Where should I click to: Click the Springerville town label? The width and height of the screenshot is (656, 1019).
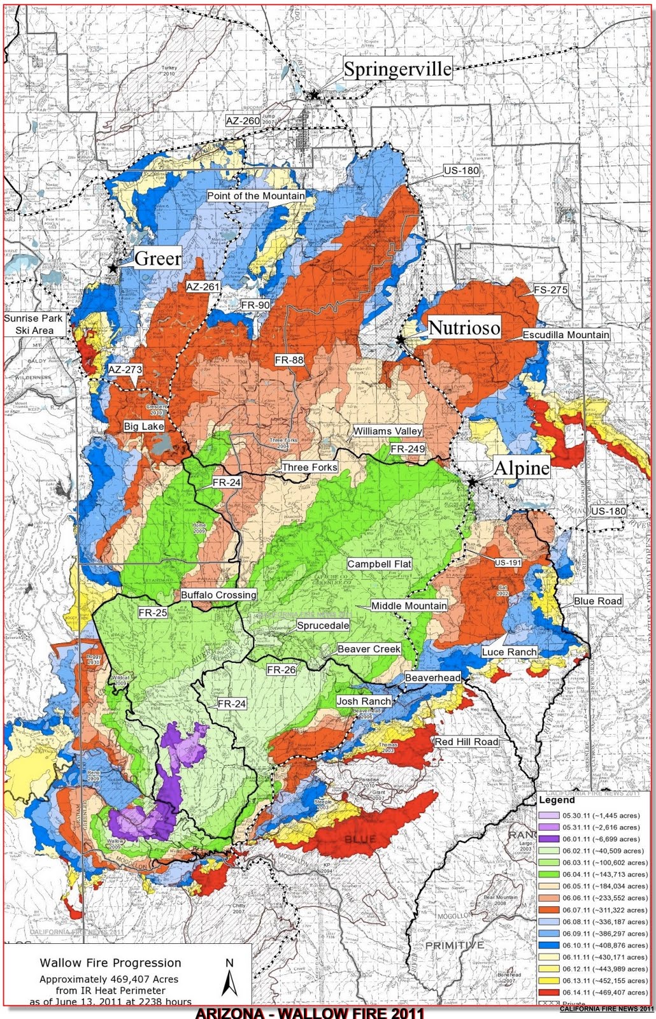click(x=397, y=69)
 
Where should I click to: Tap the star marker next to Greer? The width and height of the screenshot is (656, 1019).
click(x=113, y=268)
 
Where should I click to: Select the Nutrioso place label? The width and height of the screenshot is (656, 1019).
click(x=464, y=328)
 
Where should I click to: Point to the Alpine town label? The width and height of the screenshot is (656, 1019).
click(x=521, y=468)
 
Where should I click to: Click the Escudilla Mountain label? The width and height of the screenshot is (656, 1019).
click(x=566, y=334)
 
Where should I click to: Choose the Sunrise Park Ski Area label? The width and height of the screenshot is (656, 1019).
click(x=34, y=324)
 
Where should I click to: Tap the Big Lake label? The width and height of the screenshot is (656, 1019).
click(x=144, y=426)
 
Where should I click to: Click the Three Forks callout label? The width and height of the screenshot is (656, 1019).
click(x=310, y=467)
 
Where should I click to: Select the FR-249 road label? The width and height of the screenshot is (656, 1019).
click(x=407, y=449)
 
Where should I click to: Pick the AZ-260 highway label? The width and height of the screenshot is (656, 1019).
click(x=243, y=120)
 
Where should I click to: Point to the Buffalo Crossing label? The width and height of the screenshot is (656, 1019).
click(x=218, y=595)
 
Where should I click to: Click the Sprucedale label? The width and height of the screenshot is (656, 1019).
click(x=323, y=625)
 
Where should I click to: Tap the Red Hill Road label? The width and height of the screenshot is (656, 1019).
click(x=466, y=742)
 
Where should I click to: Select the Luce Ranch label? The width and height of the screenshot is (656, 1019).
click(x=509, y=652)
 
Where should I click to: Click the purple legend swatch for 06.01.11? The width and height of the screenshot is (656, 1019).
click(x=548, y=839)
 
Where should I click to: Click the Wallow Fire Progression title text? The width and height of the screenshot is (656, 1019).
click(x=110, y=963)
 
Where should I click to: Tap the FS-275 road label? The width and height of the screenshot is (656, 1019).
click(x=550, y=290)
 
